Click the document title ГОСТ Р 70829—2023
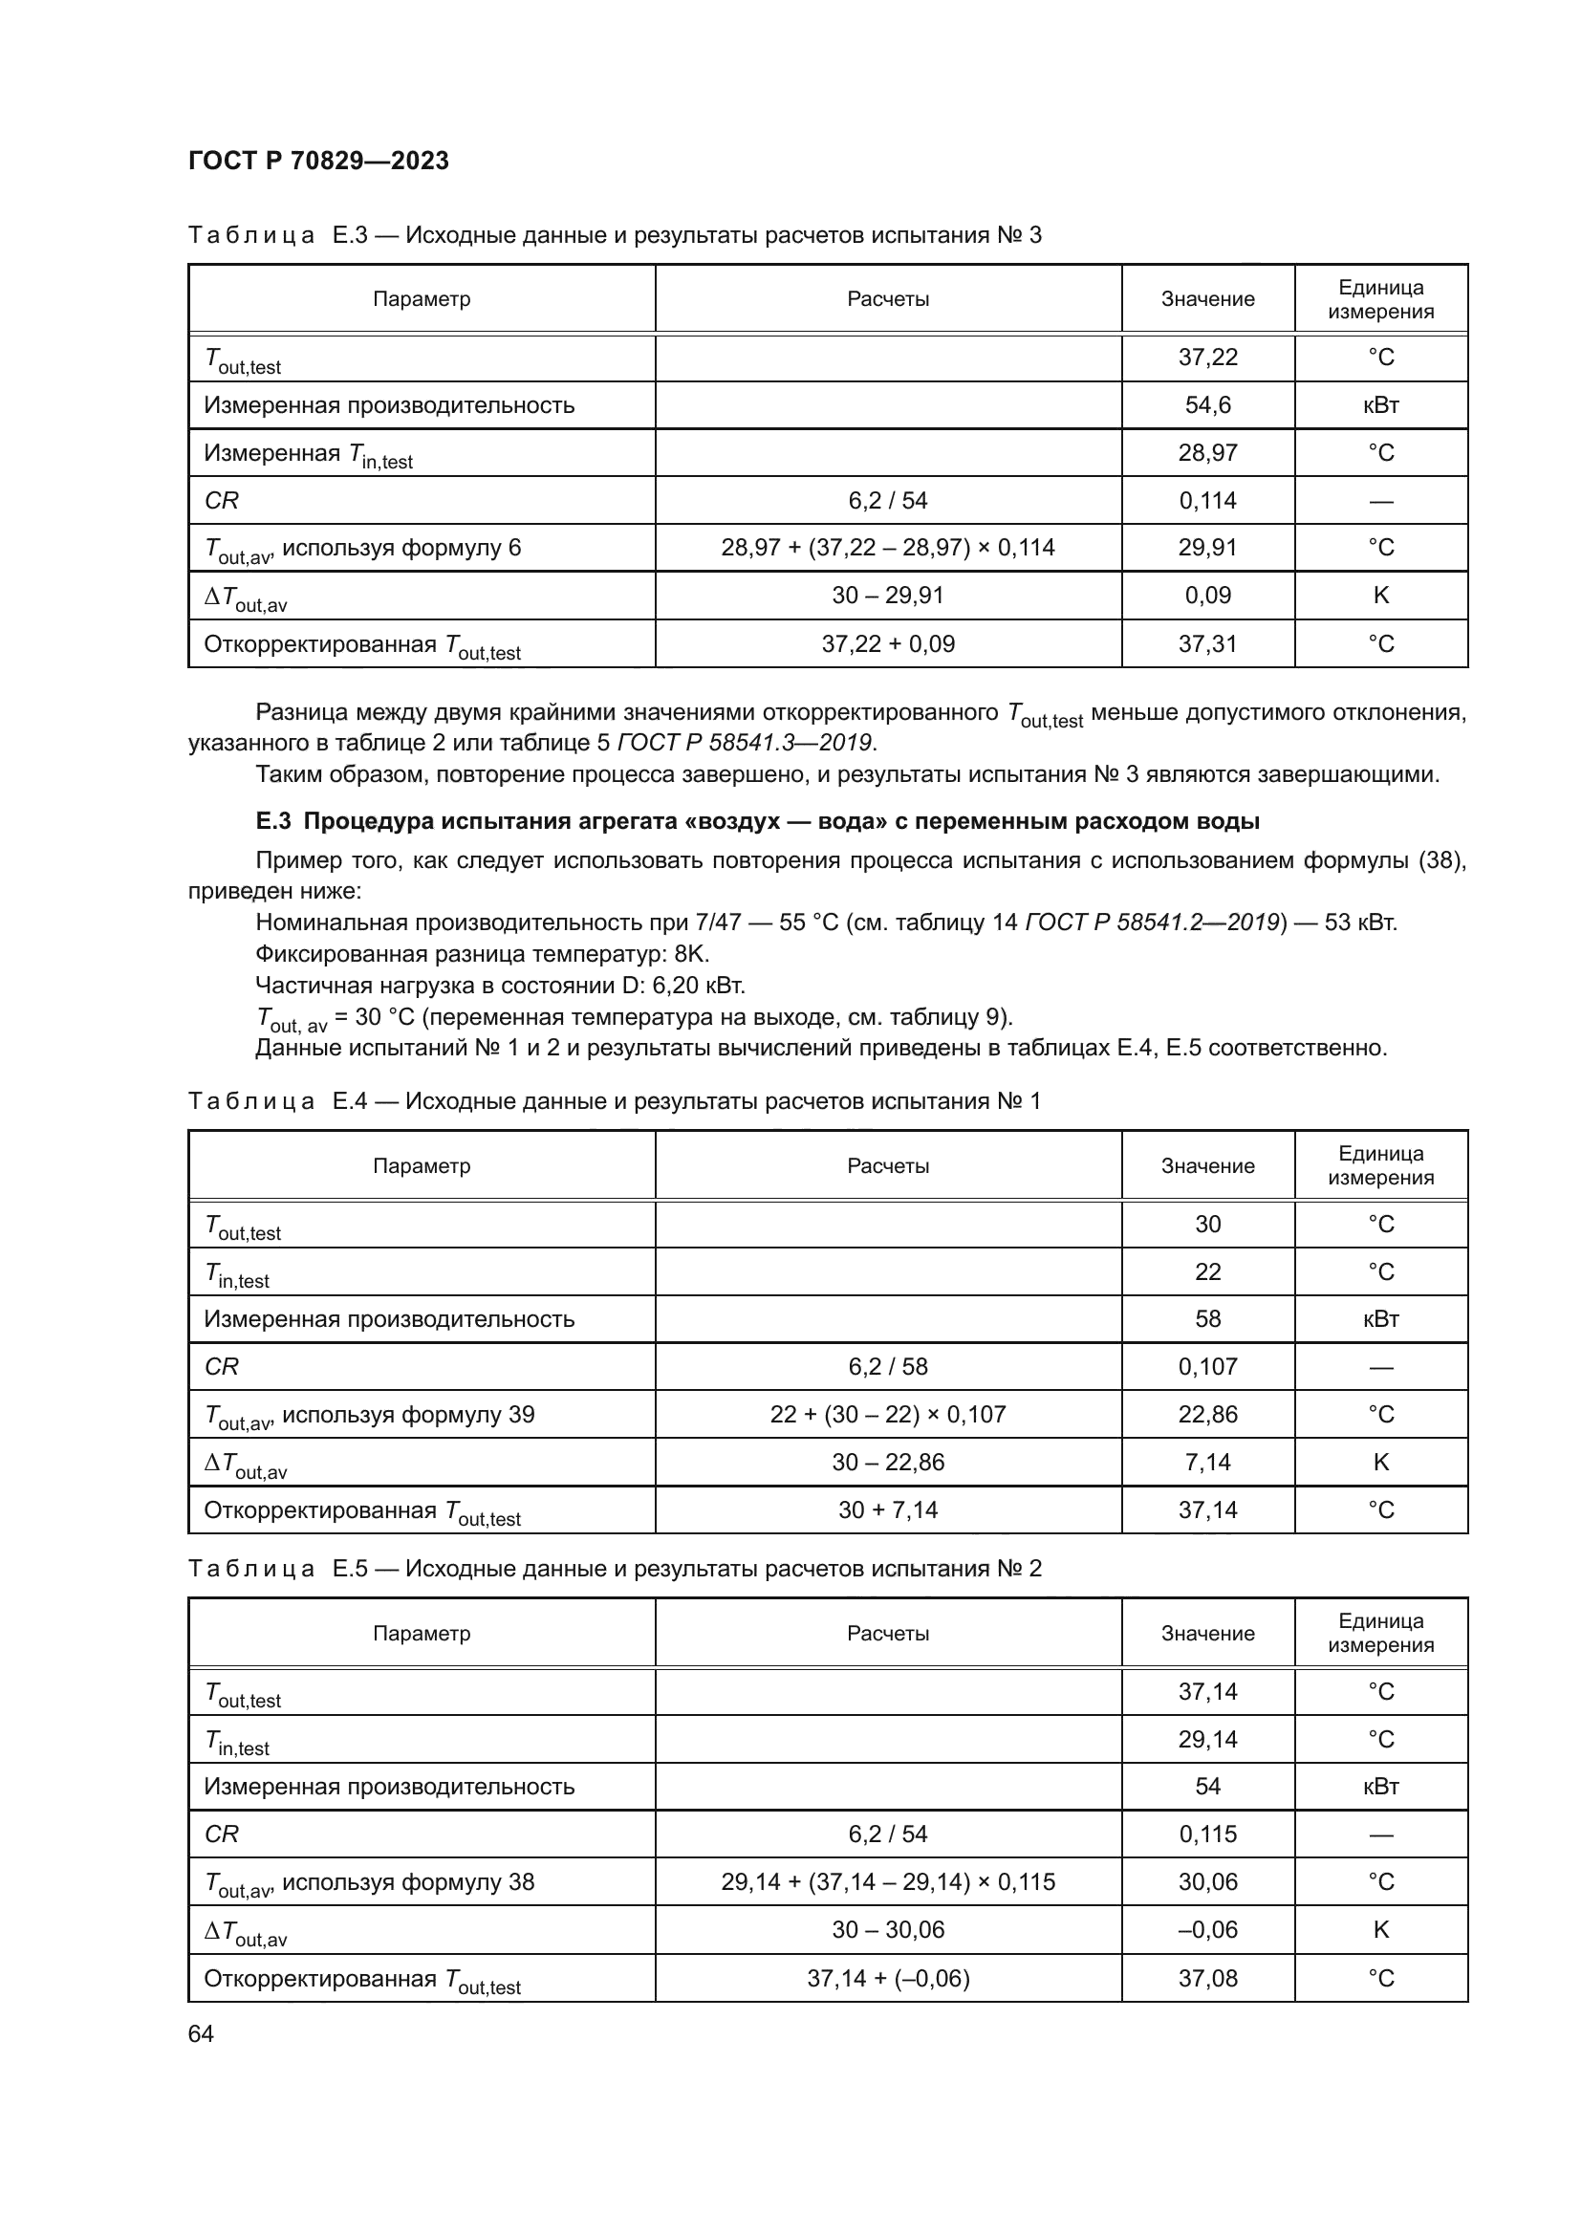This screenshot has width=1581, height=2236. click(x=318, y=161)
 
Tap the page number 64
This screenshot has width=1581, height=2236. click(x=201, y=2033)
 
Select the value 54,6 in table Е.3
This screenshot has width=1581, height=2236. click(x=1207, y=405)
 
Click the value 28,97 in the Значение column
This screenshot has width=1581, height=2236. click(x=1207, y=453)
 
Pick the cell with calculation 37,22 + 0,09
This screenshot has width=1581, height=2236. click(x=888, y=643)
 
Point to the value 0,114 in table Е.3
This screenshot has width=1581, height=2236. click(x=1207, y=501)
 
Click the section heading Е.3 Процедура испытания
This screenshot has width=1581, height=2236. click(x=757, y=821)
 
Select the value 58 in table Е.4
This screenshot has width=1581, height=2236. click(x=1207, y=1318)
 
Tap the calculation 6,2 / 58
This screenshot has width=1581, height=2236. click(x=888, y=1366)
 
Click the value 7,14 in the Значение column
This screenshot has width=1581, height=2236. click(x=1207, y=1462)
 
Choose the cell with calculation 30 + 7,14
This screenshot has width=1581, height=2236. click(x=888, y=1509)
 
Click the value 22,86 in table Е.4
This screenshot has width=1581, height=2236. click(x=1207, y=1414)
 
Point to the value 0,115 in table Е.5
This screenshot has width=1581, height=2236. click(x=1207, y=1834)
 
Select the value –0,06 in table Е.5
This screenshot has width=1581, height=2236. click(x=1207, y=1929)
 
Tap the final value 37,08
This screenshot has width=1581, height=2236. click(x=1207, y=1978)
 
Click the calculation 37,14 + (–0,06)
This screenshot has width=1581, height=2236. click(x=888, y=1978)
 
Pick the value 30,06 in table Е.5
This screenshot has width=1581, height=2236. click(x=1207, y=1881)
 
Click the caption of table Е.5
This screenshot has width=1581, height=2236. click(x=615, y=1568)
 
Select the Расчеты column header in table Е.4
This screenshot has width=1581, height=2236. click(x=888, y=1165)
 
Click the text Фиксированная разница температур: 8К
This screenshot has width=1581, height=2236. click(x=482, y=953)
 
